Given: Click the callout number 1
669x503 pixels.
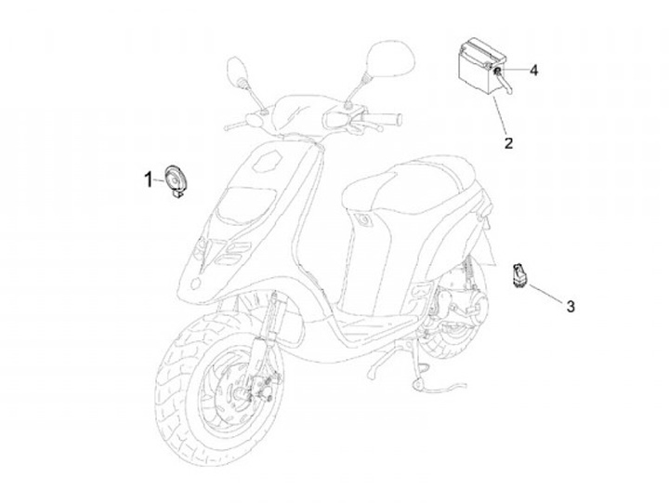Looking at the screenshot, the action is coord(147,179).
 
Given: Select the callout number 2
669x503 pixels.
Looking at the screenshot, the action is coord(509,143).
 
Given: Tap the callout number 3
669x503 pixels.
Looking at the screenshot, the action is coord(571,305).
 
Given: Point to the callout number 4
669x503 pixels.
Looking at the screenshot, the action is coord(534,70).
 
